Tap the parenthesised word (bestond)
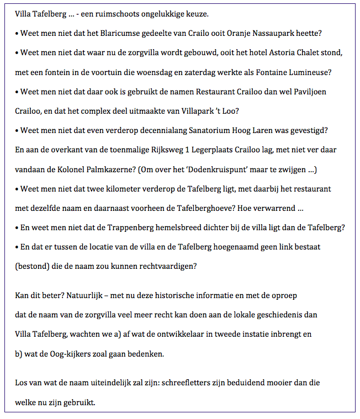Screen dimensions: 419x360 (x=32, y=266)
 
